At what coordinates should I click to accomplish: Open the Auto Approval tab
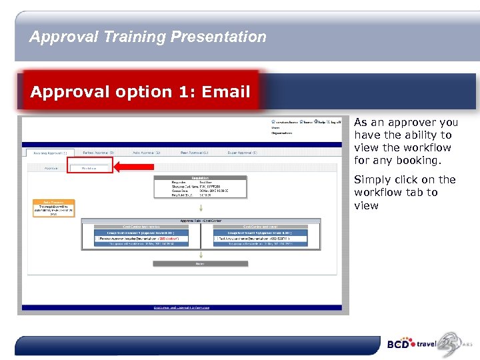pyautogui.click(x=146, y=153)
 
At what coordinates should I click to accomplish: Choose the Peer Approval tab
pyautogui.click(x=195, y=153)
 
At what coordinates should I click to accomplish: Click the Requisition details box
pyautogui.click(x=200, y=187)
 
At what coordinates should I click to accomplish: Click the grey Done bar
pyautogui.click(x=200, y=263)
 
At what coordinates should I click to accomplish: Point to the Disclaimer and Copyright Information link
pyautogui.click(x=182, y=307)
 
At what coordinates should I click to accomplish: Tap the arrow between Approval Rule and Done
pyautogui.click(x=200, y=255)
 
